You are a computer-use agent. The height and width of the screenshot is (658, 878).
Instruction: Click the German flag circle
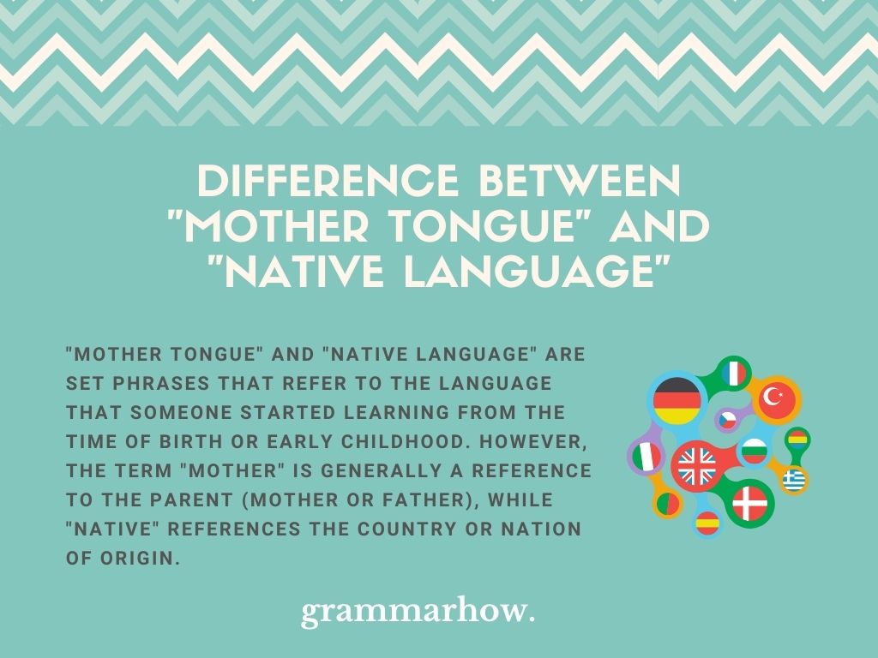coord(677,401)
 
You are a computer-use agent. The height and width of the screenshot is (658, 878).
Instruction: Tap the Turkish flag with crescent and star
coord(779,398)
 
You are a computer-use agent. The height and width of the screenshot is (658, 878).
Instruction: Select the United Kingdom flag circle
coord(696,467)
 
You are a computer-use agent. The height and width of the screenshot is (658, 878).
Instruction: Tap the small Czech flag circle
coord(728,420)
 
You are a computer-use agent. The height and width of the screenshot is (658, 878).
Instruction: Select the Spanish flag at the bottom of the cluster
coord(708,522)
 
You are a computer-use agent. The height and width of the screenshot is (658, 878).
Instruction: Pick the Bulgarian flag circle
coord(754,449)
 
